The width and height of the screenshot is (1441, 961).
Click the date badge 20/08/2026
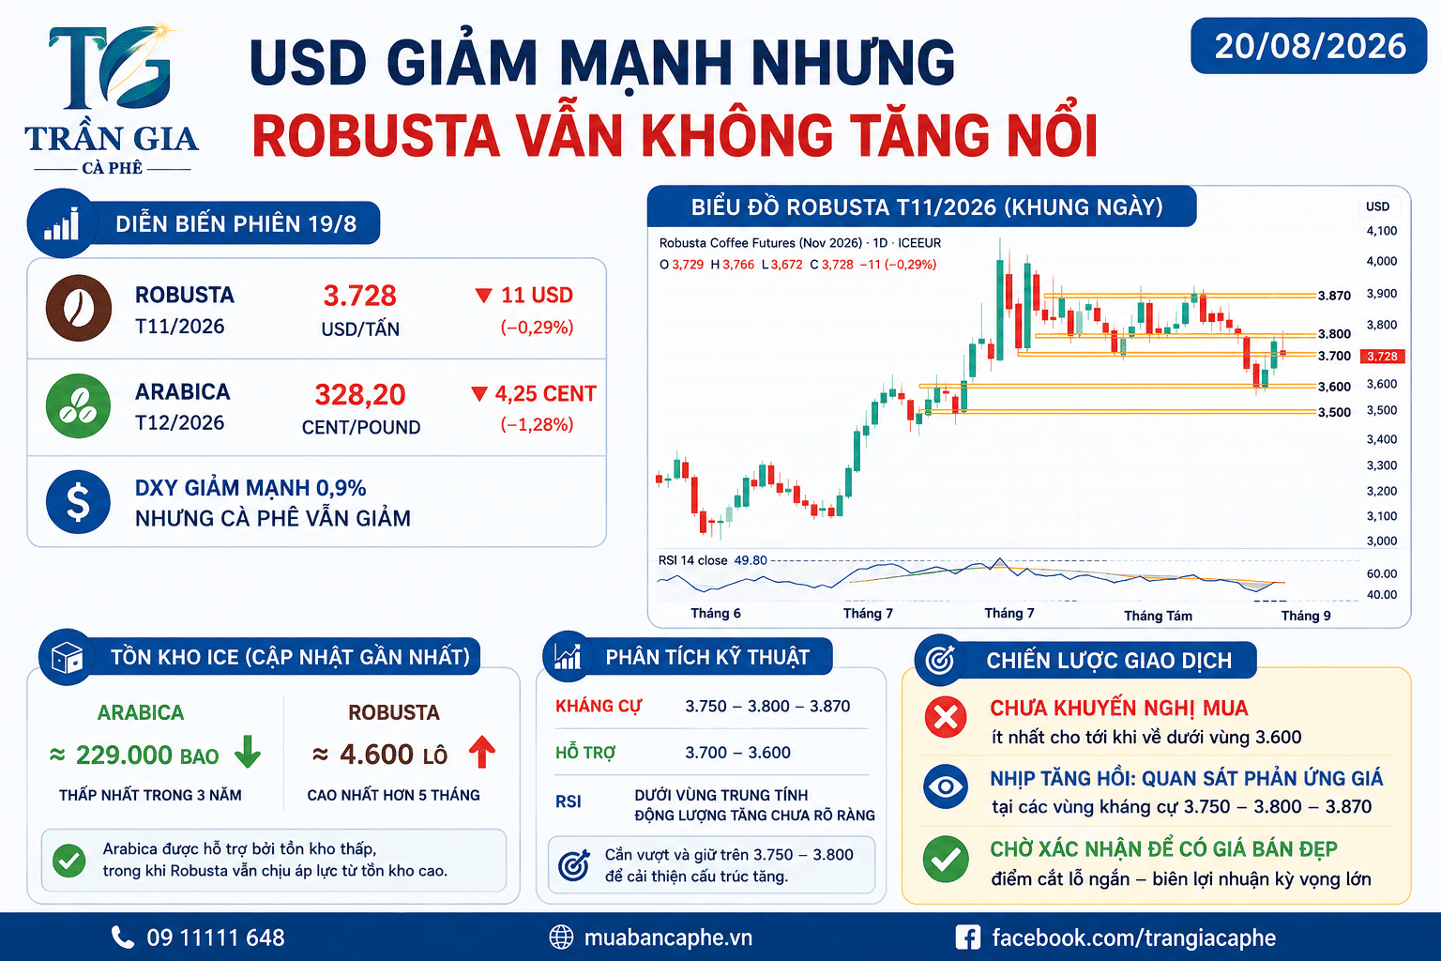[1309, 46]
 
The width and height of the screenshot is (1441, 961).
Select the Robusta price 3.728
[359, 296]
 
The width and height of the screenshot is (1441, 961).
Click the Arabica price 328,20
[360, 394]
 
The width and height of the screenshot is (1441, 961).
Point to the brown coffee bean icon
[79, 308]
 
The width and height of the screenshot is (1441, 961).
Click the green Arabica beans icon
[79, 406]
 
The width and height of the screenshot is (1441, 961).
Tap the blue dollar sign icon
[79, 502]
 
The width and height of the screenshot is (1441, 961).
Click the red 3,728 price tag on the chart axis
[1383, 356]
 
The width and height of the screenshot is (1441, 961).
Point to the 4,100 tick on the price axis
[1382, 231]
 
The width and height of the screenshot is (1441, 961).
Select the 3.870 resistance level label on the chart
[1334, 296]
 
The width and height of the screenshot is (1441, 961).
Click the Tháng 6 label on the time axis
[716, 614]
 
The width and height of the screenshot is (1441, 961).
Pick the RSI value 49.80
[751, 560]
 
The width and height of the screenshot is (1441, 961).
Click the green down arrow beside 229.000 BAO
[248, 751]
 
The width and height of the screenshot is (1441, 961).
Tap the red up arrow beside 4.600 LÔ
[482, 752]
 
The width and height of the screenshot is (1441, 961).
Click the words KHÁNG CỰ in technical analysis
[599, 706]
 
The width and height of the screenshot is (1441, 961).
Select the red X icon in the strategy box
[946, 716]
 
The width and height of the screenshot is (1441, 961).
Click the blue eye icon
[946, 786]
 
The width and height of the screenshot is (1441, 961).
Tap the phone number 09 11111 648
[216, 938]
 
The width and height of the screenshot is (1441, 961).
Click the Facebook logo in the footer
[967, 938]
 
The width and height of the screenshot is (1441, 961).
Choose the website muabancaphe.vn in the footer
[668, 938]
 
